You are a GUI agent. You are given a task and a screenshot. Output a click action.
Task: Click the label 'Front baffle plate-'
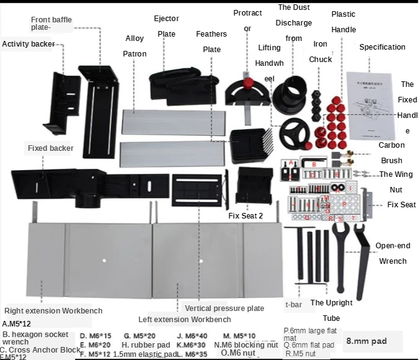point(52,24)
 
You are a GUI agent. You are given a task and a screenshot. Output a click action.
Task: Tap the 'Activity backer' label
point(29,44)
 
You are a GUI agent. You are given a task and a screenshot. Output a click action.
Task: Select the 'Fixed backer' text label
point(50,148)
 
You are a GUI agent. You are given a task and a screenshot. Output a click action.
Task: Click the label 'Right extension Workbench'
point(53,311)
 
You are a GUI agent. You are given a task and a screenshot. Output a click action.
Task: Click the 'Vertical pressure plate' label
point(224,308)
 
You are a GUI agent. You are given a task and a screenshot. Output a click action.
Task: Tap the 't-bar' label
point(294,305)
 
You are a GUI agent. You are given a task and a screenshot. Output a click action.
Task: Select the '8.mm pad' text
point(366,341)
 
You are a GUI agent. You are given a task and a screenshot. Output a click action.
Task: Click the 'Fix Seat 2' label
point(246,216)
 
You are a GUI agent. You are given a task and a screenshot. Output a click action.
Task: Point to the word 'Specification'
point(382,47)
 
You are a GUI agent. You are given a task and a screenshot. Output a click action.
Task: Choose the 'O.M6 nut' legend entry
point(238,353)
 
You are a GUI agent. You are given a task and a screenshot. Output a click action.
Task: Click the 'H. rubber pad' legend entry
point(144,345)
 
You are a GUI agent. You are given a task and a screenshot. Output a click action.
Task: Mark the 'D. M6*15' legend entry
point(95,336)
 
